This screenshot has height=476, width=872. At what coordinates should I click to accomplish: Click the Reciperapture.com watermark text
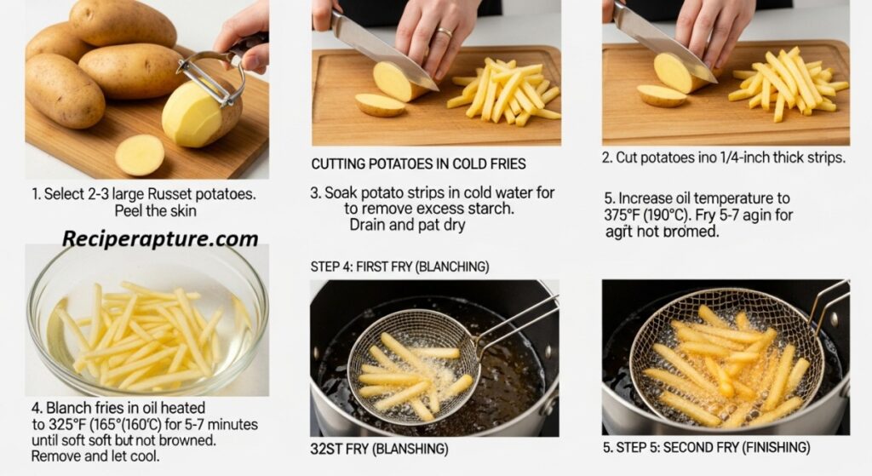pos(160,238)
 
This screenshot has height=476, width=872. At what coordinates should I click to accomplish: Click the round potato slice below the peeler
pos(140,155)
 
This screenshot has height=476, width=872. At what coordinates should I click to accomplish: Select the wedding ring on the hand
pos(445,32)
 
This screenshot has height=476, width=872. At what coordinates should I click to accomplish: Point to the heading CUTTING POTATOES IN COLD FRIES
pos(418,164)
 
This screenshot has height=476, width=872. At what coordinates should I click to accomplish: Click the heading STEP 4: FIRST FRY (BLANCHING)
pos(400,267)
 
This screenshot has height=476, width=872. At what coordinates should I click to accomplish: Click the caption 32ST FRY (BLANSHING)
pos(379,449)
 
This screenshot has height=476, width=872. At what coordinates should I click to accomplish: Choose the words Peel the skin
pos(155,211)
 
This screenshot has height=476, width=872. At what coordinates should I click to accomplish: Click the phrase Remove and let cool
pos(95,456)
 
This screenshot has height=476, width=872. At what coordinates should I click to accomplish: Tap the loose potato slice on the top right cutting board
pos(661,95)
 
